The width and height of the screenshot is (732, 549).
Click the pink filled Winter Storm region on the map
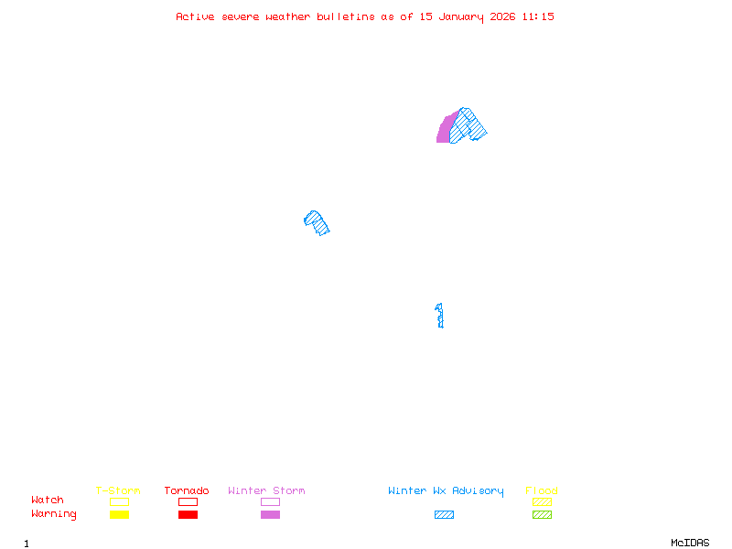(x=444, y=130)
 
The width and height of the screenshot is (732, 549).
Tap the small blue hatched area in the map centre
(x=317, y=222)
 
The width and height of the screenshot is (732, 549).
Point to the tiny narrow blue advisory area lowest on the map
(x=440, y=316)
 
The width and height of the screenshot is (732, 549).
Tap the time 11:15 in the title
(x=539, y=16)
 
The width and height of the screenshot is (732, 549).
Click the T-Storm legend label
(x=118, y=490)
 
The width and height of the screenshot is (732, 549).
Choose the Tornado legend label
(x=187, y=490)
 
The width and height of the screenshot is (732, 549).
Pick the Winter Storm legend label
(x=266, y=490)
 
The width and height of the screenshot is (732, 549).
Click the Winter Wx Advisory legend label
(x=446, y=490)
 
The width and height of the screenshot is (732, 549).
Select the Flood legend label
(x=542, y=490)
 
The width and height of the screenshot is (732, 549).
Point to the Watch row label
(x=48, y=501)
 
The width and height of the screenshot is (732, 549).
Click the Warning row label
(x=54, y=514)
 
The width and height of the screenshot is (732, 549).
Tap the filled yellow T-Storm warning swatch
(x=119, y=515)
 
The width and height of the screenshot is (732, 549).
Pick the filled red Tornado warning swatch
(x=188, y=515)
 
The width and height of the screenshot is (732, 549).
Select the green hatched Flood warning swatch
(x=542, y=515)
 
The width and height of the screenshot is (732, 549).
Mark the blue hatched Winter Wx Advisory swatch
(x=444, y=515)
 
